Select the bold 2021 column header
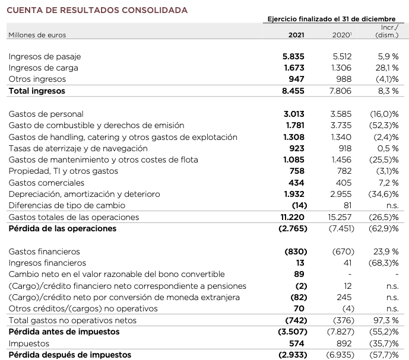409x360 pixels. [x=296, y=35]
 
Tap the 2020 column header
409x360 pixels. [x=342, y=35]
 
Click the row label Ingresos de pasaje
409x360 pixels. [x=45, y=57]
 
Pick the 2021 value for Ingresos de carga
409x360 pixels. [x=294, y=68]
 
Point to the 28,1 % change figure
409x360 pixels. [x=386, y=68]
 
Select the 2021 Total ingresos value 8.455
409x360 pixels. [x=294, y=91]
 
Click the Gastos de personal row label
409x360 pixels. [x=46, y=114]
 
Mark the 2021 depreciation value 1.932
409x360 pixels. [x=294, y=195]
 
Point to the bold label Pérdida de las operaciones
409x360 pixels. [x=62, y=229]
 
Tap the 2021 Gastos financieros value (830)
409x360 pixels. [x=295, y=251]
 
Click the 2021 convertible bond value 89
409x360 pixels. [x=299, y=274]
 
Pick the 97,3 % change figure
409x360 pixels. [x=386, y=320]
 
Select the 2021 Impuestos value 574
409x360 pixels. [x=296, y=343]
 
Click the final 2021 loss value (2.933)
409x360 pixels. [x=292, y=355]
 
